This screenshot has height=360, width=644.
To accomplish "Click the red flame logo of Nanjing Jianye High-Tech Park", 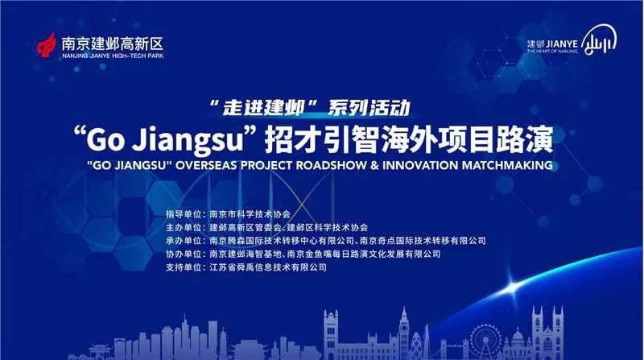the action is pos(47,45).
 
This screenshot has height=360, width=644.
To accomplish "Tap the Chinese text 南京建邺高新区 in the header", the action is pos(113,43).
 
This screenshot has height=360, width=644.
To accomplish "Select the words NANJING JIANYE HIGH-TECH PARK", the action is pos(113,56).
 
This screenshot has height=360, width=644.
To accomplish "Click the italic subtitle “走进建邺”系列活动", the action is pos(310,107).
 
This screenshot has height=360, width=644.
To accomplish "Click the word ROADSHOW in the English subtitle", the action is pos(332,165).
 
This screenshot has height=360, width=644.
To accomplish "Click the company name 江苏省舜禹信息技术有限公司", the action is pos(268,267).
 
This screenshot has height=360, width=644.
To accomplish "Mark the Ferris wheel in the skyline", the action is pos(485,341).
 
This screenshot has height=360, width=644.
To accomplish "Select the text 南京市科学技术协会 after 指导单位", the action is pos(250,214).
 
